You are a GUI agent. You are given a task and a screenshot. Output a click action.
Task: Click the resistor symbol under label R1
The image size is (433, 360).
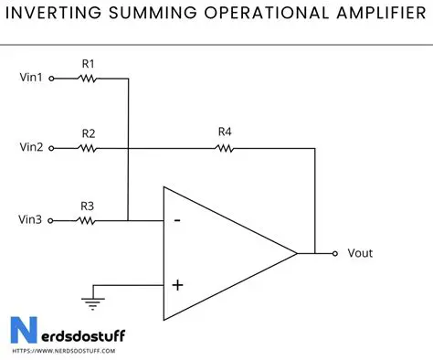(88, 79)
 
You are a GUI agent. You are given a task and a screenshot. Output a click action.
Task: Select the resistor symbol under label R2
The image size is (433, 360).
(88, 148)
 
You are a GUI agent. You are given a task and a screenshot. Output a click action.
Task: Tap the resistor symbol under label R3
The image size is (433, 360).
(88, 220)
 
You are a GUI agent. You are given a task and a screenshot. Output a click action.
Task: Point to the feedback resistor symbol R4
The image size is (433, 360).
(225, 148)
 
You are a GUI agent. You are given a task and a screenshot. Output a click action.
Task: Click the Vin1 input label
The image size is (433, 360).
(31, 79)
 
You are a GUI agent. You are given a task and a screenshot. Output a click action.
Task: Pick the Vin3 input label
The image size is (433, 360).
(31, 220)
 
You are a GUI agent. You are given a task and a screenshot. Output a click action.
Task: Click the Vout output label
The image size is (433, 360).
(360, 253)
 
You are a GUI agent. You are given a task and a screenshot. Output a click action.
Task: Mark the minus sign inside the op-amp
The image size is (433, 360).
(176, 220)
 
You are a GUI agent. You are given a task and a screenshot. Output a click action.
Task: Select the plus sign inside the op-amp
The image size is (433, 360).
(177, 285)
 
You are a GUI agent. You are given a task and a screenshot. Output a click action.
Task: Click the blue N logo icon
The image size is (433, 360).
(22, 331)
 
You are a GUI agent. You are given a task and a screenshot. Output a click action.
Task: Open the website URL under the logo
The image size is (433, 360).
(56, 351)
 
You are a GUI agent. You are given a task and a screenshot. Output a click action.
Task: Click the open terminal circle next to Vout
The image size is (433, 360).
(335, 253)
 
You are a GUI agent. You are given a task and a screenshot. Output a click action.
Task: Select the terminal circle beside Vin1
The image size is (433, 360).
(52, 79)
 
